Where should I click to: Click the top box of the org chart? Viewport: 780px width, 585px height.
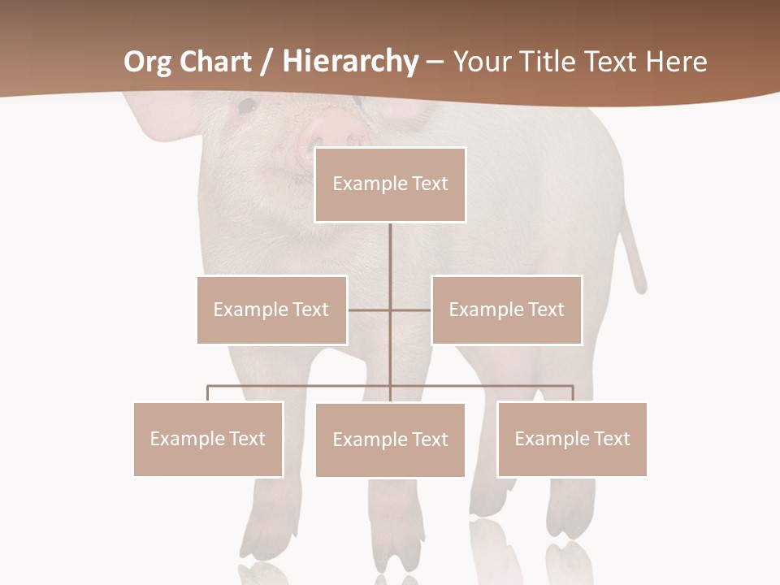390,184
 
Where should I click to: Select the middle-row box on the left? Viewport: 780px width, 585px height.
271,310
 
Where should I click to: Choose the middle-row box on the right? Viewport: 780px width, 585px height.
506,310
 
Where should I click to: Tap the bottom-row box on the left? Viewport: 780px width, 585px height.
208,439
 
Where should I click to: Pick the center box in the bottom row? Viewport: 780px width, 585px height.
390,440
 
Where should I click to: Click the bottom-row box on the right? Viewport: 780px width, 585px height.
572,439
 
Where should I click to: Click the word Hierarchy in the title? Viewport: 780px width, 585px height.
350,62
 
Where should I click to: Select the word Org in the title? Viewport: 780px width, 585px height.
145,62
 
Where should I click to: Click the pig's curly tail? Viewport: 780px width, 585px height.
634,252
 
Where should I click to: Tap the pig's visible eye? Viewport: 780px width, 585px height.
246,106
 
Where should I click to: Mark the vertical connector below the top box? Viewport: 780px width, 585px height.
390,260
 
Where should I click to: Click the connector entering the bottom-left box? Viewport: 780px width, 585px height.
208,393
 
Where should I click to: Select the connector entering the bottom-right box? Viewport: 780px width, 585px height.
572,393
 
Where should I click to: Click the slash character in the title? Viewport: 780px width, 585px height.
266,62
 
